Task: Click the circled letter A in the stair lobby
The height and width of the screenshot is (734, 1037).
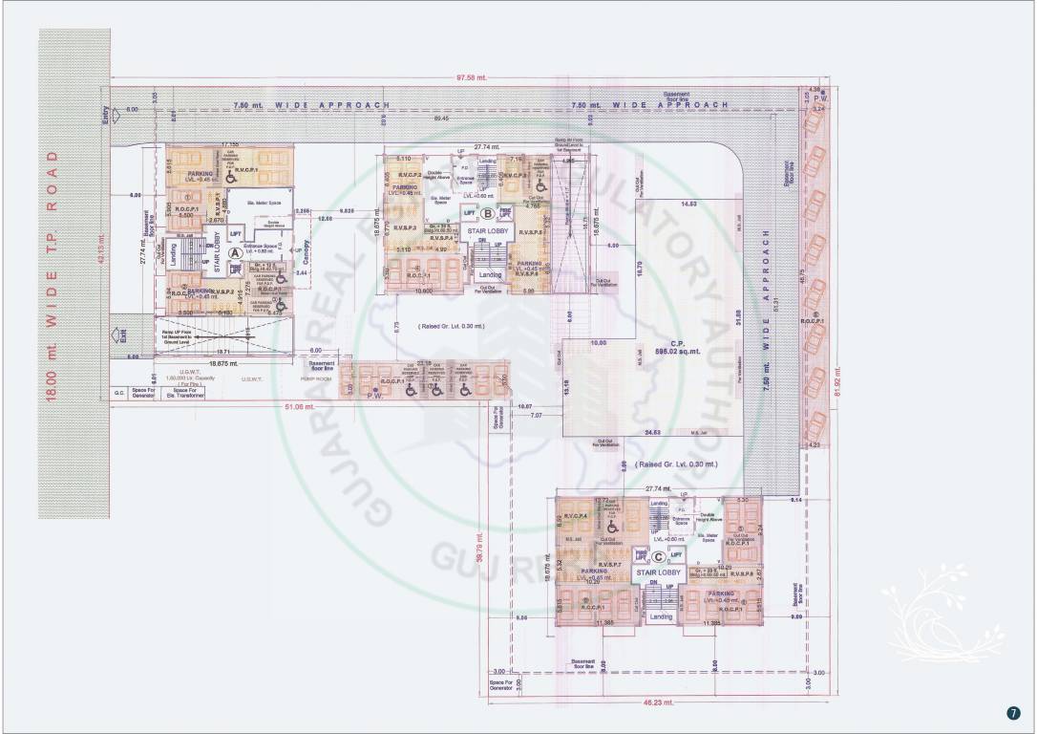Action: point(233,241)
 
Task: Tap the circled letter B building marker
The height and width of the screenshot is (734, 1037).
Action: point(487,214)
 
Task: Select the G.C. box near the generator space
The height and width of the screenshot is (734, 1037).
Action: point(120,393)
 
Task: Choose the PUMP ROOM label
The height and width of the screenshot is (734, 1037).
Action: point(319,378)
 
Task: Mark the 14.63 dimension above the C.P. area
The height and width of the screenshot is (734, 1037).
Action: point(687,204)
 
